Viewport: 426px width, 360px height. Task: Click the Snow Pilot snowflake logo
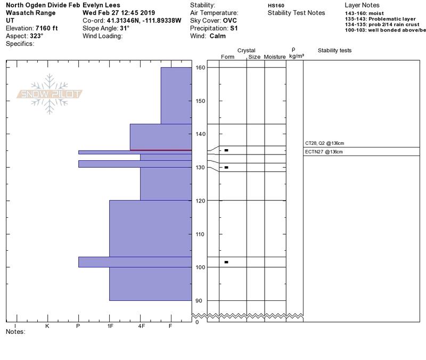(x=49, y=94)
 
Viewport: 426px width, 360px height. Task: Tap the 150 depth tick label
(x=200, y=101)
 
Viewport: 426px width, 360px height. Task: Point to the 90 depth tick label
(x=199, y=301)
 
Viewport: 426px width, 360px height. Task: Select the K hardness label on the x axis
(x=47, y=326)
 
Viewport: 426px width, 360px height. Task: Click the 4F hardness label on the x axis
(x=142, y=326)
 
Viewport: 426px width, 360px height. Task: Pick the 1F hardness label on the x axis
(x=110, y=326)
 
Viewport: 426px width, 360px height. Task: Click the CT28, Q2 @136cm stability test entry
(x=324, y=143)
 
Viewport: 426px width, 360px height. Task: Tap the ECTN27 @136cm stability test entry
(x=324, y=152)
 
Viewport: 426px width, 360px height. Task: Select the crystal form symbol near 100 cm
(x=226, y=262)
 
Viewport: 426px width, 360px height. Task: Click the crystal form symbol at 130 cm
(x=226, y=167)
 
